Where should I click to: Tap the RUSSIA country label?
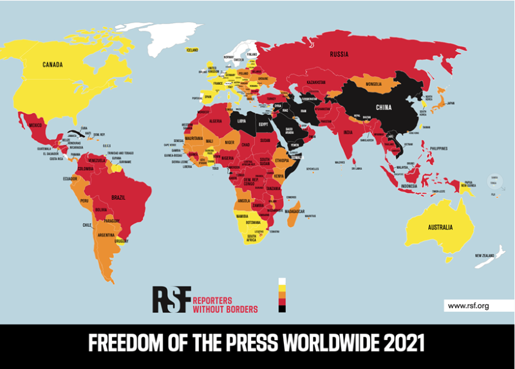pos(339,54)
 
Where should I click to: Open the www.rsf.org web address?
pos(468,306)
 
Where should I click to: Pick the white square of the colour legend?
pos(281,281)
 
